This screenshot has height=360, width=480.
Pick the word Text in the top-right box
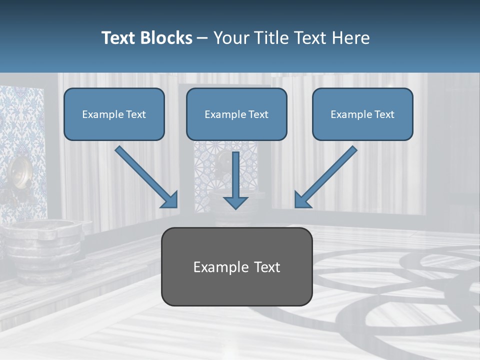(x=384, y=114)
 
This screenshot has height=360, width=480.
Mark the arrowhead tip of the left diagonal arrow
(x=176, y=206)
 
